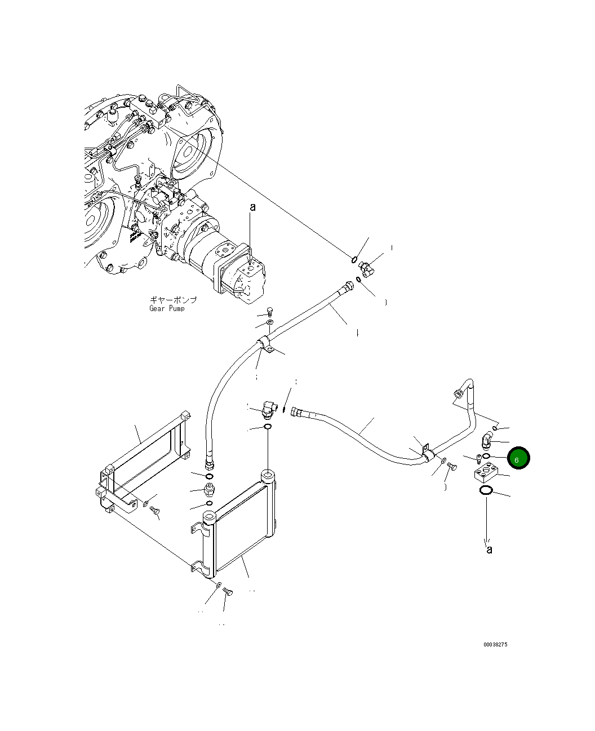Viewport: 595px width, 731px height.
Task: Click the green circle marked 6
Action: tap(518, 458)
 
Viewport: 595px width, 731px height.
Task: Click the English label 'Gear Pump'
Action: tap(167, 308)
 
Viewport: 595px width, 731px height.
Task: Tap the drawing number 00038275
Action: tap(495, 644)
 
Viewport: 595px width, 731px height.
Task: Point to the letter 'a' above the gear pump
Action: tap(252, 207)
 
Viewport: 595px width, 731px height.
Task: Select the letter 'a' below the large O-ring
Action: tap(489, 549)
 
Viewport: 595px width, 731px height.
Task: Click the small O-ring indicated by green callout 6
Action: tap(486, 456)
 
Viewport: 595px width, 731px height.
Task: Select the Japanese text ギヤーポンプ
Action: tap(173, 300)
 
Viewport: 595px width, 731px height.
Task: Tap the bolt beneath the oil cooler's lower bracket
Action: tap(227, 591)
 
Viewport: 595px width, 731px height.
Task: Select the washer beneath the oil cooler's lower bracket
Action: tap(219, 586)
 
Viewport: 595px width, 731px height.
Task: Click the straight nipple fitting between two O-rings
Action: tap(209, 488)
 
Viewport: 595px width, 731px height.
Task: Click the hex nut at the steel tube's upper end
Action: tap(458, 393)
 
